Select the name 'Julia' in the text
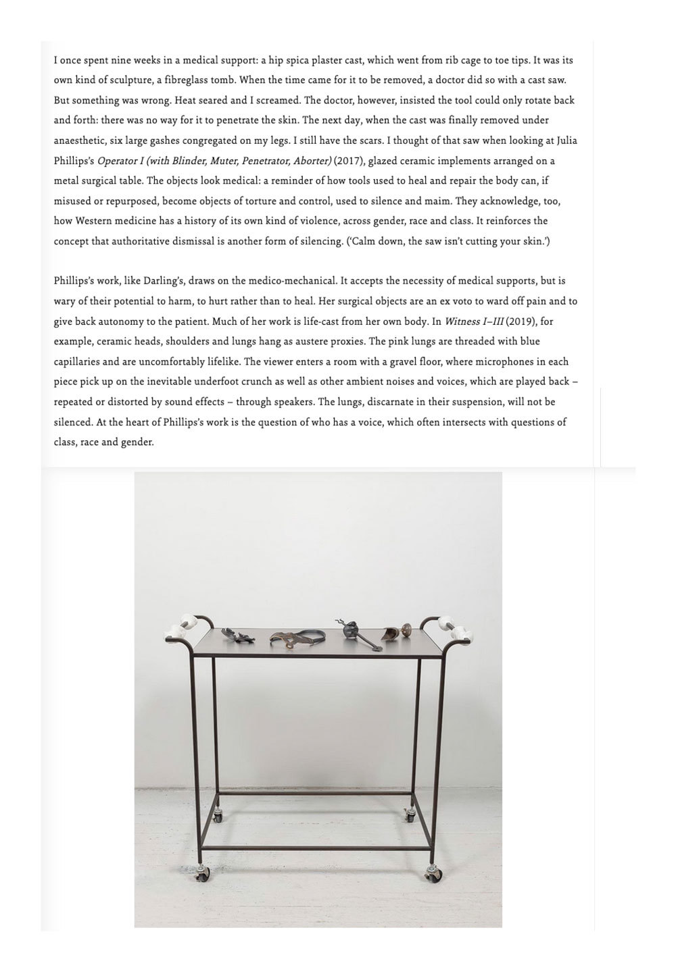click(565, 140)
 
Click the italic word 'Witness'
click(462, 321)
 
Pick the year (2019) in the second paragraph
click(521, 321)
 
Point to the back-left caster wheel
click(217, 816)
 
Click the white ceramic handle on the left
click(182, 627)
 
